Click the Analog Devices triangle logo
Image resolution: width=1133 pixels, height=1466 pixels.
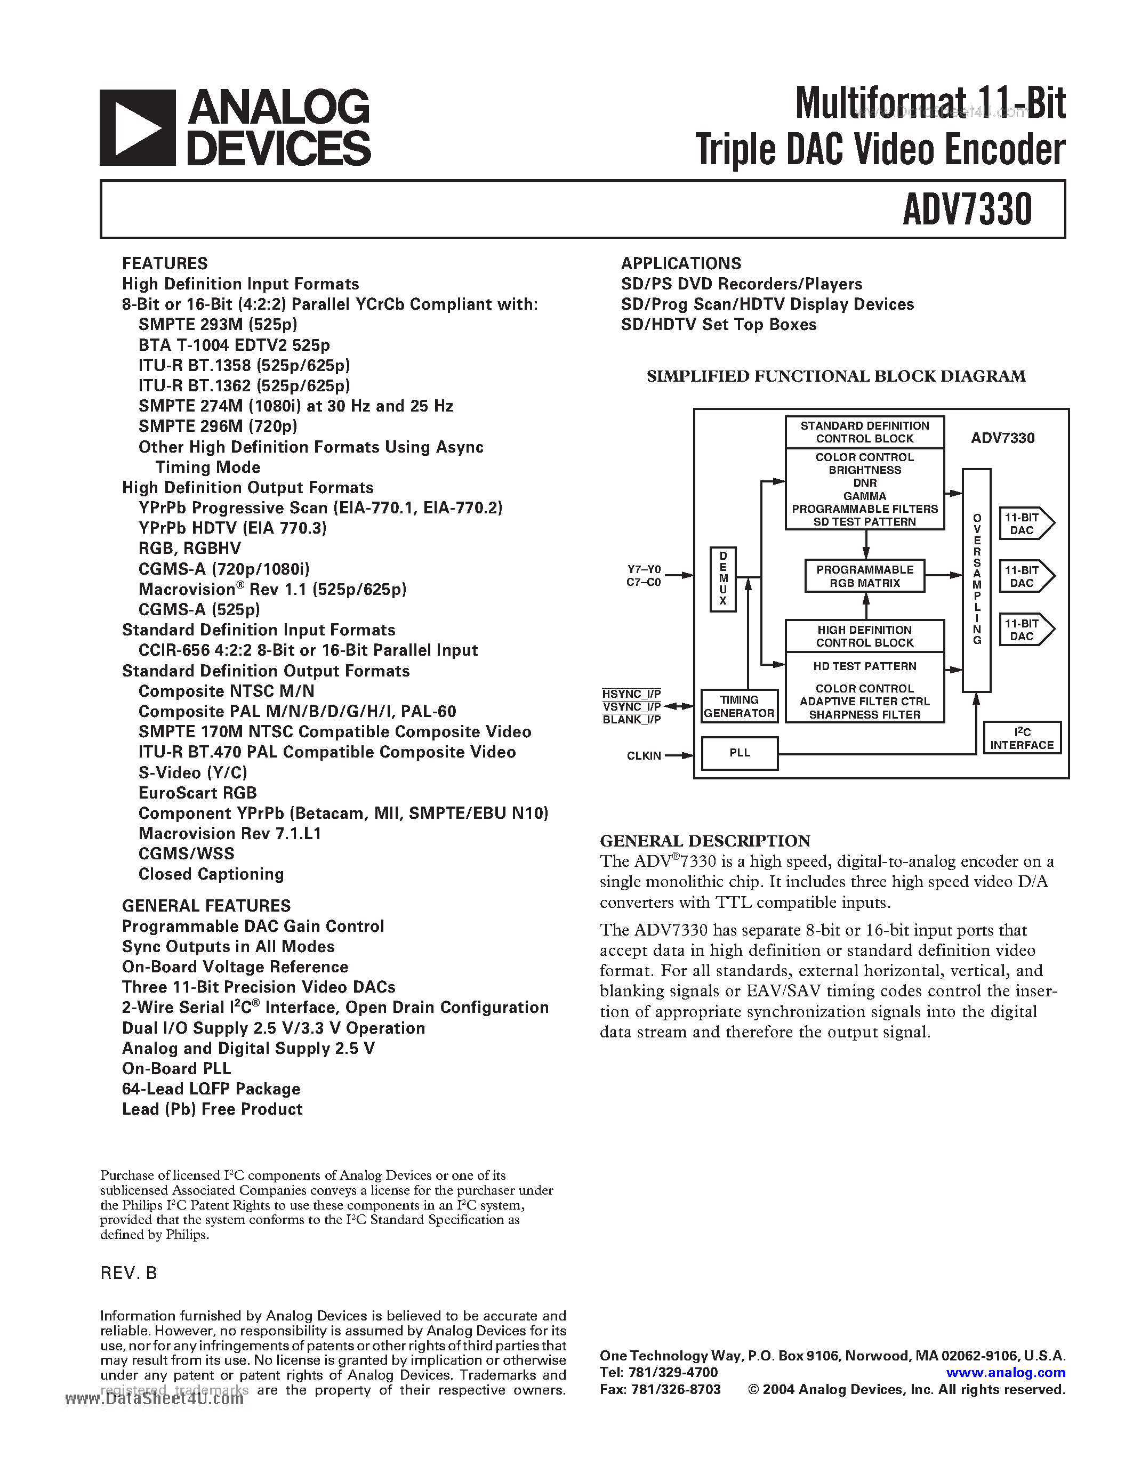tap(138, 127)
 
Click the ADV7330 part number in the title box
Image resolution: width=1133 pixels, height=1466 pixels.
tap(967, 210)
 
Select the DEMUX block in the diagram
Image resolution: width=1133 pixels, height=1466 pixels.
tap(723, 578)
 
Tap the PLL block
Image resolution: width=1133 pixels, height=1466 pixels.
tap(740, 753)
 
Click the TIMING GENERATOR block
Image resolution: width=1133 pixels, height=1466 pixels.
tap(739, 706)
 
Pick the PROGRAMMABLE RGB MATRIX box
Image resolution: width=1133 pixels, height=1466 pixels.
tap(864, 576)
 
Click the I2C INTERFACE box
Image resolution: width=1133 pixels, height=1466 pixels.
tap(1022, 738)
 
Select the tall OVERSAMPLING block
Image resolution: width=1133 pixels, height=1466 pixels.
tap(977, 579)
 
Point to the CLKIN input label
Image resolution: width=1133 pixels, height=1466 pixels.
tap(644, 756)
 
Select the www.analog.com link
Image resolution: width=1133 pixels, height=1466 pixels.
tap(1006, 1373)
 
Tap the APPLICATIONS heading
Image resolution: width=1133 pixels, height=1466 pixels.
tap(681, 263)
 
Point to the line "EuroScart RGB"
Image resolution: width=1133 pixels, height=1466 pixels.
tap(197, 793)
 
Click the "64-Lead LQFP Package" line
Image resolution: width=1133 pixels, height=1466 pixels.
tap(211, 1089)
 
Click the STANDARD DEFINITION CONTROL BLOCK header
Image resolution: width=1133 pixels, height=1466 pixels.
tap(864, 432)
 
